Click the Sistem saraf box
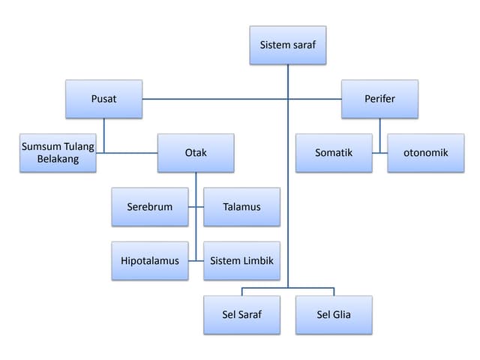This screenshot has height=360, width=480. pyautogui.click(x=288, y=45)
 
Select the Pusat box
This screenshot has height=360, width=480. pyautogui.click(x=103, y=99)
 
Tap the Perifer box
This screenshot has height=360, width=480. pyautogui.click(x=379, y=99)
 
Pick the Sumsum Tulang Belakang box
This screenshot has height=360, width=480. pyautogui.click(x=58, y=153)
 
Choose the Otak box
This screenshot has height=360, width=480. pyautogui.click(x=196, y=153)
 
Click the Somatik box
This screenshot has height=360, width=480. pyautogui.click(x=334, y=153)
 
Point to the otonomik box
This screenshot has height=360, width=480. pyautogui.click(x=425, y=153)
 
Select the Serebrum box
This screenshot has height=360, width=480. pyautogui.click(x=150, y=207)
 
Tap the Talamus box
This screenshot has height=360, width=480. pyautogui.click(x=241, y=207)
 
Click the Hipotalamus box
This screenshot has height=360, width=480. pyautogui.click(x=150, y=261)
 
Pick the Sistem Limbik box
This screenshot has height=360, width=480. pyautogui.click(x=241, y=261)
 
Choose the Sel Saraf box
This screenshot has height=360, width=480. pyautogui.click(x=241, y=315)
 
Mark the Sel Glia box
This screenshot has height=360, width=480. pyautogui.click(x=334, y=315)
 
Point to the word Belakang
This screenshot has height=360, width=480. pyautogui.click(x=58, y=160)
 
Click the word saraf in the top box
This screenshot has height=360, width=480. pyautogui.click(x=303, y=45)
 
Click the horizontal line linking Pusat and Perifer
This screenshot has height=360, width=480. pyautogui.click(x=225, y=99)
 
